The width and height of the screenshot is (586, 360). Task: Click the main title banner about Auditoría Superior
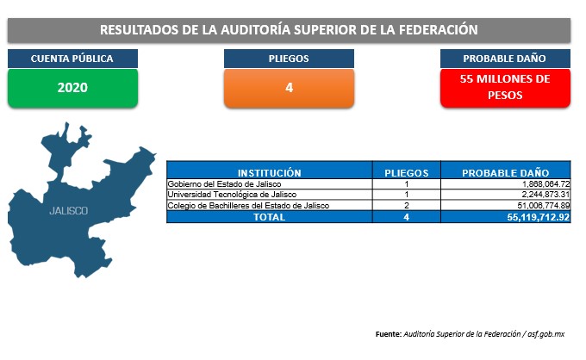(x=289, y=30)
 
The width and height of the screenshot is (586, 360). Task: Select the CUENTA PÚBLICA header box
(x=72, y=59)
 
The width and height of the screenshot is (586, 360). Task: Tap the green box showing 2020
(x=72, y=88)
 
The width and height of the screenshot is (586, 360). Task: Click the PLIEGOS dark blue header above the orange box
(x=289, y=59)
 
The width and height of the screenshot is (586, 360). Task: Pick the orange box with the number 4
(x=289, y=88)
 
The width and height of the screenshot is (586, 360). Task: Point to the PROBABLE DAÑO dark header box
(x=505, y=59)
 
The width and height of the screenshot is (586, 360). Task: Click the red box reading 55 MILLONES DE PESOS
(x=505, y=88)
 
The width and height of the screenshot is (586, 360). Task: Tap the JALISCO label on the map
(x=69, y=211)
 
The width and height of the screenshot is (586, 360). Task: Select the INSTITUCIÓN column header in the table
(x=270, y=173)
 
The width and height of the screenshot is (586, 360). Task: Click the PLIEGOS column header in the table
(x=407, y=173)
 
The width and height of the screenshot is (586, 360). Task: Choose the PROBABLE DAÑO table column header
(x=506, y=173)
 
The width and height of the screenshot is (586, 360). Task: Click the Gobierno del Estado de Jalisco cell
(x=224, y=184)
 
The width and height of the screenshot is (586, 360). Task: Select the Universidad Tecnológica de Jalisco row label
(x=232, y=195)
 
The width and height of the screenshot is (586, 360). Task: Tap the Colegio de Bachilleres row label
(x=248, y=205)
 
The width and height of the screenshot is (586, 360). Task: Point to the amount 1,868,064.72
(x=545, y=184)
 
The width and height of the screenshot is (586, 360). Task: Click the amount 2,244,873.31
(x=545, y=195)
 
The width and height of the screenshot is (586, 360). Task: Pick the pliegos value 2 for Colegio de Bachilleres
(x=407, y=205)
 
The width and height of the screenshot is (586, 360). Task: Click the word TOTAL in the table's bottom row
(x=269, y=217)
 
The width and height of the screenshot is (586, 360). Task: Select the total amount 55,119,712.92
(x=538, y=217)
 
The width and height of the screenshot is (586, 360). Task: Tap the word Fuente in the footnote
(x=389, y=334)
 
